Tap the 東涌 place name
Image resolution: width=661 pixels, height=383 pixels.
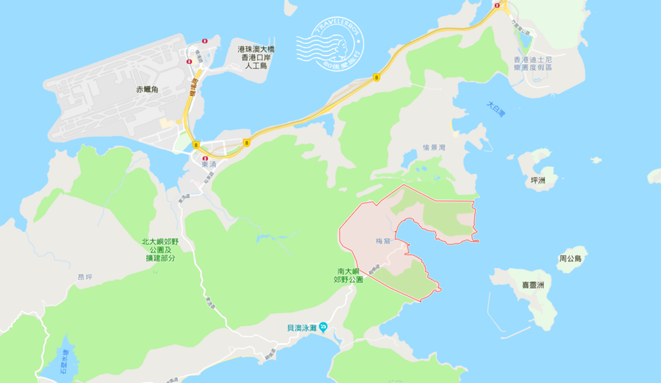click(210, 165)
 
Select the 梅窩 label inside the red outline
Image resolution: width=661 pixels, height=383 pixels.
click(383, 241)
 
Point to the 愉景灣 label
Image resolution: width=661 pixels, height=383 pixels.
click(434, 148)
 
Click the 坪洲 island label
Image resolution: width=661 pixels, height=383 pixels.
click(537, 180)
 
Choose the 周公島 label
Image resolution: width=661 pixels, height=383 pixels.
click(570, 258)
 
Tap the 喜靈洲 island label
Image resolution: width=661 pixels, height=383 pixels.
click(533, 285)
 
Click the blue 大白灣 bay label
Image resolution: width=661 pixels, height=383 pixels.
click(495, 109)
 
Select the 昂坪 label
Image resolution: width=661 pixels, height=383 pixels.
click(85, 277)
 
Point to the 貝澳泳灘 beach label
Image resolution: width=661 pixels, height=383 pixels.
click(301, 327)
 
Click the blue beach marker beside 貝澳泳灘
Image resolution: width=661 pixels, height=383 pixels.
click(323, 327)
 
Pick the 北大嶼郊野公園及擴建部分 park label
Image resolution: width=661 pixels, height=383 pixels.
click(158, 249)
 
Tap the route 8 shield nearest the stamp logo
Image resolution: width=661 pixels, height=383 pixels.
click(376, 78)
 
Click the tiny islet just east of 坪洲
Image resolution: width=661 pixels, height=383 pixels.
click(596, 160)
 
